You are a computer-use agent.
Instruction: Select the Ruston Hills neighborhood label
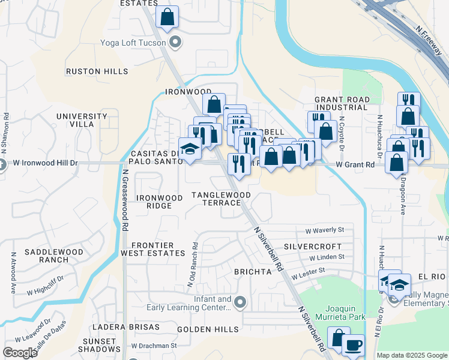click(97, 71)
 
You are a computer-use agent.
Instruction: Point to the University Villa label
click(75, 120)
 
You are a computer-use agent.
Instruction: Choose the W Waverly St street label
click(325, 230)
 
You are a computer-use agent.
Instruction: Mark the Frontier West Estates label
click(152, 249)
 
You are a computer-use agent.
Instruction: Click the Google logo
click(20, 353)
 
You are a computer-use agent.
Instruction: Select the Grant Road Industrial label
click(341, 103)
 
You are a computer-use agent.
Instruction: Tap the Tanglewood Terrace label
click(221, 199)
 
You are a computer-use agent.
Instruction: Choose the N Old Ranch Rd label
click(196, 254)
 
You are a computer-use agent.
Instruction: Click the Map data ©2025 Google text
click(411, 355)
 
